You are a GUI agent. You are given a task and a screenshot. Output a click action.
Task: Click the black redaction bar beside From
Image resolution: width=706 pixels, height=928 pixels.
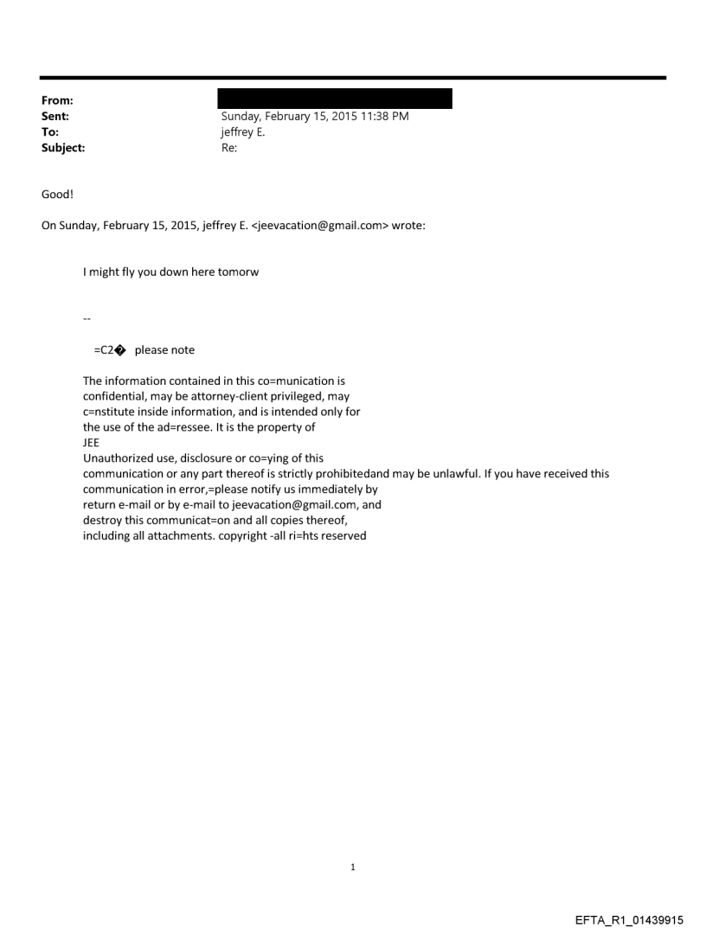334,98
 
